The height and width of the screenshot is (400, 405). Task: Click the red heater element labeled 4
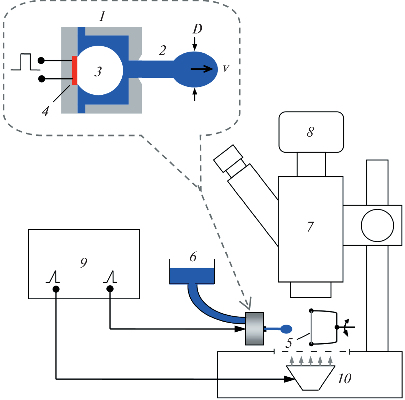point(75,70)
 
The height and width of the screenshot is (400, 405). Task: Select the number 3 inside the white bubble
point(98,71)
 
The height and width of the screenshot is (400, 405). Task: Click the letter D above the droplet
point(197,29)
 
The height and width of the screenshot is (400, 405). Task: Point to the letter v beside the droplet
point(226,69)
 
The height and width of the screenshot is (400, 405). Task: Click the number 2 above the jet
point(162,51)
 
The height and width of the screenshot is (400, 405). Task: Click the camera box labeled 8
point(311,132)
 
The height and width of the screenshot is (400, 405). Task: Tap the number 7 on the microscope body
point(310,227)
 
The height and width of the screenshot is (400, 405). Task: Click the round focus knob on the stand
point(377,225)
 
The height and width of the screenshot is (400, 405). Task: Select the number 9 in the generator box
point(84,263)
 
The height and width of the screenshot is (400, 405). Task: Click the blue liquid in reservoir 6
point(192,276)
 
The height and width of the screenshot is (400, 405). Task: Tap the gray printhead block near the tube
point(254,329)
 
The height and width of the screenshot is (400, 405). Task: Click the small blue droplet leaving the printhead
point(286,329)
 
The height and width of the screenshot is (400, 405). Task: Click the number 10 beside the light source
point(344,379)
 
